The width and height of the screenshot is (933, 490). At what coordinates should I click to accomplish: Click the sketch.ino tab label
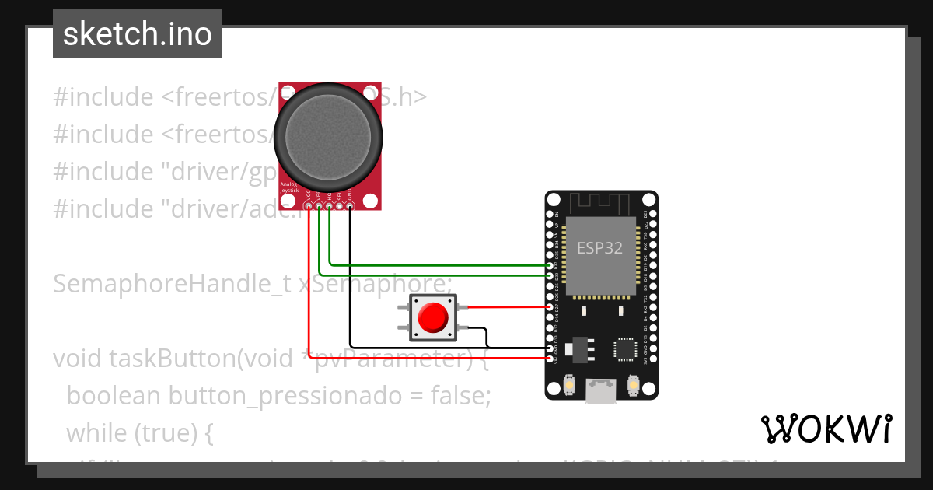click(138, 34)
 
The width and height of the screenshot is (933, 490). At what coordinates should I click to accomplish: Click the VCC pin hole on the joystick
click(309, 206)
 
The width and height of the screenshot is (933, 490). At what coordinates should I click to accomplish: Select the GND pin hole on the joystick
click(349, 206)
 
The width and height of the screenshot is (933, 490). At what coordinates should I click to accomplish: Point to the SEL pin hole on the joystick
click(339, 206)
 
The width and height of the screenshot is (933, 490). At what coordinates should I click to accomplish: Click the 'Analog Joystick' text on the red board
click(288, 187)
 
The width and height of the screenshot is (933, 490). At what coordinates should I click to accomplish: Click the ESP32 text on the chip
click(599, 248)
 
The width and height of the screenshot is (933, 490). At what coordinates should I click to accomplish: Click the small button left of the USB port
click(570, 385)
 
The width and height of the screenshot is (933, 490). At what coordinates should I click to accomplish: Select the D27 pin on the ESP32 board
click(550, 307)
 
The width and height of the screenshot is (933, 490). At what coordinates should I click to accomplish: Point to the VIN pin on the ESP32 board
click(550, 358)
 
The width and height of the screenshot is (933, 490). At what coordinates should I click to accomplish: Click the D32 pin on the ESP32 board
click(550, 266)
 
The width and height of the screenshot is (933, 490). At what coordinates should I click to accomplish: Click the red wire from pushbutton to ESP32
click(505, 307)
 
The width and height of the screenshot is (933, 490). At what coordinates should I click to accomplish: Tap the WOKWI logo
click(826, 429)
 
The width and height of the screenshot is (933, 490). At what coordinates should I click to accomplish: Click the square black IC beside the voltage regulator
click(626, 348)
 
